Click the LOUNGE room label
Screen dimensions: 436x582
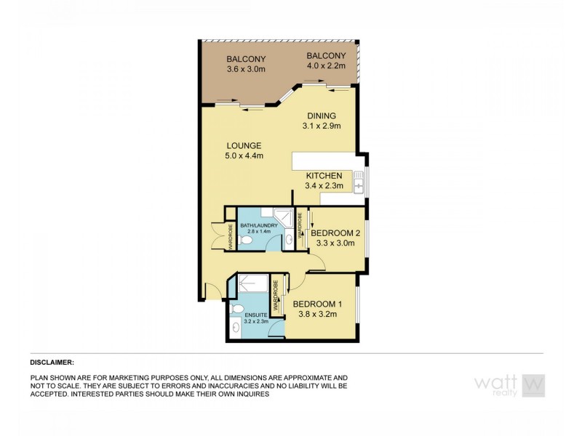tap(243, 146)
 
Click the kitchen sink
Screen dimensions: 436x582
tap(359, 182)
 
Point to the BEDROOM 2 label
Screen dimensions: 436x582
tap(335, 233)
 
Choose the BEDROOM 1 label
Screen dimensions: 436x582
tap(315, 304)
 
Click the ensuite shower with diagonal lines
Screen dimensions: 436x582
tap(252, 285)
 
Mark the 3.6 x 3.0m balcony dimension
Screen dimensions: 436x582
tap(245, 70)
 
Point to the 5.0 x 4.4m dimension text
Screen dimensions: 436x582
tap(243, 156)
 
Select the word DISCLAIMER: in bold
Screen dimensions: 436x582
tap(52, 361)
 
